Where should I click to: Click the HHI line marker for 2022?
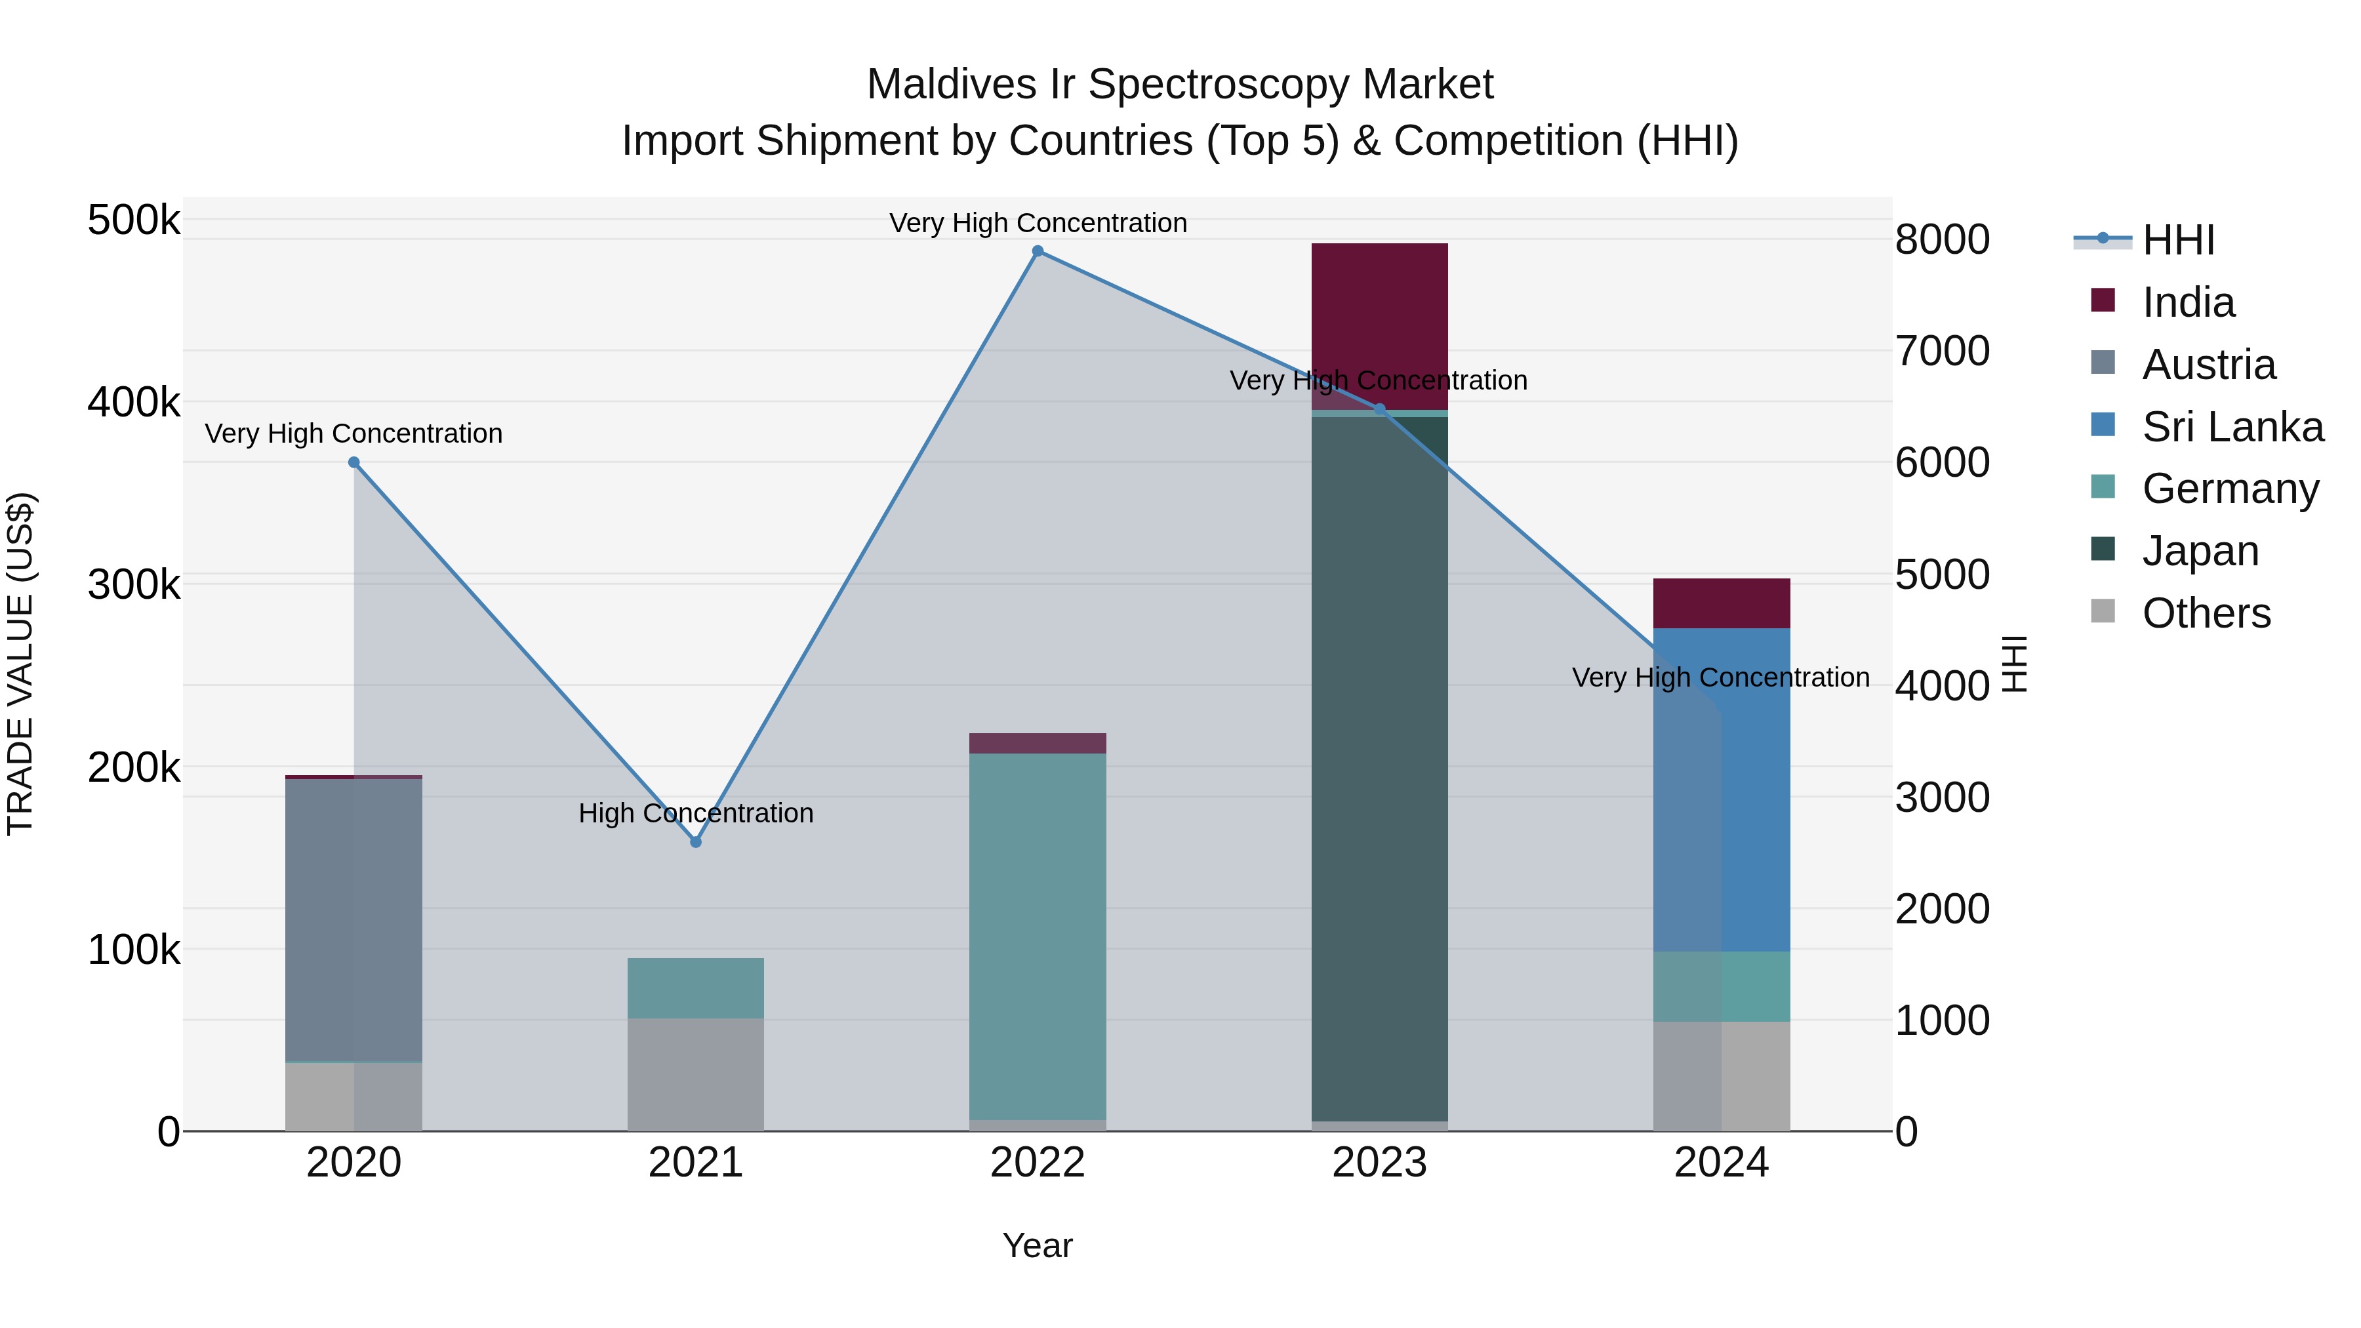(1038, 251)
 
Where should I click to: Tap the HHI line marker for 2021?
(696, 841)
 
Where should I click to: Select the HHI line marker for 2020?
(353, 463)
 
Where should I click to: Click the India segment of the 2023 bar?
(1379, 325)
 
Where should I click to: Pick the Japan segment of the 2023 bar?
(1379, 770)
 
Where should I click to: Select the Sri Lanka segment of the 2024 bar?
(1722, 788)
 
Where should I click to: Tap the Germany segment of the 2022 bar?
(1038, 935)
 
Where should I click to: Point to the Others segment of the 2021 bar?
(696, 1074)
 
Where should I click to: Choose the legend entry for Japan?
(2200, 551)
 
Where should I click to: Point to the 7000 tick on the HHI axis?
(1942, 351)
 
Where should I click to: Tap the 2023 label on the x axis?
(1379, 1163)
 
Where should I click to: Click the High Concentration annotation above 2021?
(696, 813)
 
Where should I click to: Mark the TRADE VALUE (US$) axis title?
(21, 664)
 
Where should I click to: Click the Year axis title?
(1038, 1245)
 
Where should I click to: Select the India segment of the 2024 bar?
(1722, 603)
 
